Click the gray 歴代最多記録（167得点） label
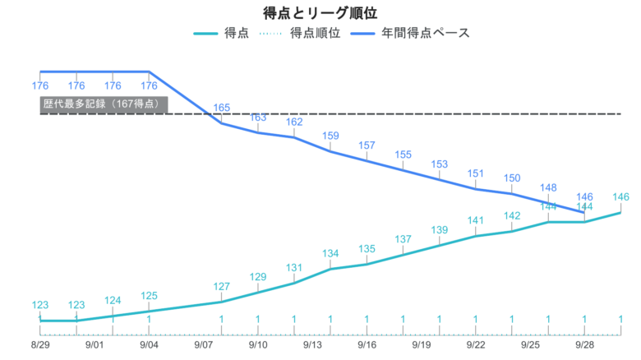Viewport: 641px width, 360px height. coord(104,104)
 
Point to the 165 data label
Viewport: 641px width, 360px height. coord(222,108)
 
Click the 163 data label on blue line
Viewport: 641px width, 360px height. coord(258,118)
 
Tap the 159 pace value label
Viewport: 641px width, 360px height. coord(330,136)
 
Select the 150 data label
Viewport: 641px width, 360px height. coord(512,178)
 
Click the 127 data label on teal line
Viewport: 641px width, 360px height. coord(222,287)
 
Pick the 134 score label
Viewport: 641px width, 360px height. coord(330,253)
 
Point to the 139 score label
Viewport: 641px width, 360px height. coord(440,230)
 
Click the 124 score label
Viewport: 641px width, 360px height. coord(113,300)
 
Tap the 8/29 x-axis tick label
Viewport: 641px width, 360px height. coord(40,346)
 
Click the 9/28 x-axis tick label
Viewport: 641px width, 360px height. coord(584,346)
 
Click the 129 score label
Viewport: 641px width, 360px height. coord(258,277)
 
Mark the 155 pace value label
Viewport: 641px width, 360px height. coord(404,155)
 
